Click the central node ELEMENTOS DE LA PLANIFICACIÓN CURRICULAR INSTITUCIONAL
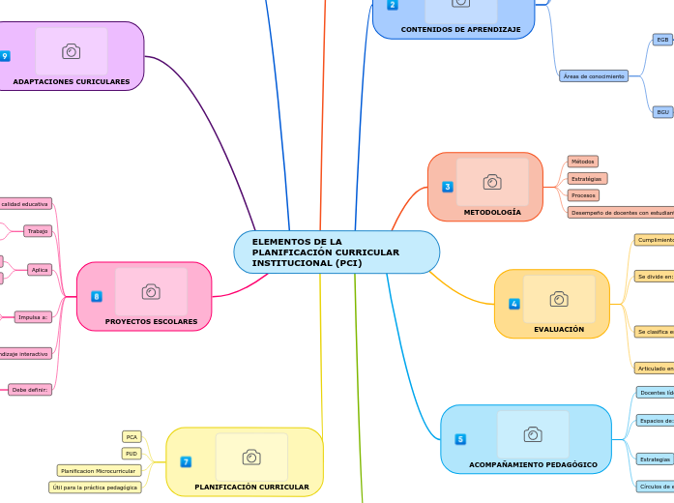(336, 252)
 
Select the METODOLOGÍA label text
(491, 212)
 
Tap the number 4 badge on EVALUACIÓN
(513, 304)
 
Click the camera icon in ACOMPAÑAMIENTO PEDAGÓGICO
(532, 434)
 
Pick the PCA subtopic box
(132, 437)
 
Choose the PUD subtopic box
(132, 454)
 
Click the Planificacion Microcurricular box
(99, 470)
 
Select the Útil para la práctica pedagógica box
(96, 488)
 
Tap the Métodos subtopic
(582, 162)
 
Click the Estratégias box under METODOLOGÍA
(587, 179)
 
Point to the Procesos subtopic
(583, 195)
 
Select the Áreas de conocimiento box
(593, 75)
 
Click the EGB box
(662, 40)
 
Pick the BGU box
(662, 112)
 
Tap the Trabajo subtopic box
(38, 231)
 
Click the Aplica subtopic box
(40, 270)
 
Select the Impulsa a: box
(33, 317)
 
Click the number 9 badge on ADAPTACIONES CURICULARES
(5, 56)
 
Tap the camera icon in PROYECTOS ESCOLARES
(150, 291)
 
